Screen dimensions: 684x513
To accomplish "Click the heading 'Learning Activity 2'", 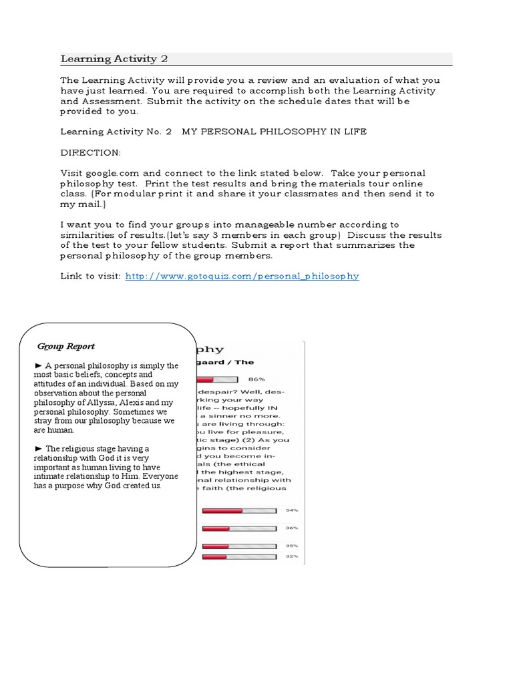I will (114, 59).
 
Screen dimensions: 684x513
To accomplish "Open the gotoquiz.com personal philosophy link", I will (242, 276).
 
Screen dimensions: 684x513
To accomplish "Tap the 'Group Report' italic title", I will (66, 346).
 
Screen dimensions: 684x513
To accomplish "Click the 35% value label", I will (293, 546).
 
